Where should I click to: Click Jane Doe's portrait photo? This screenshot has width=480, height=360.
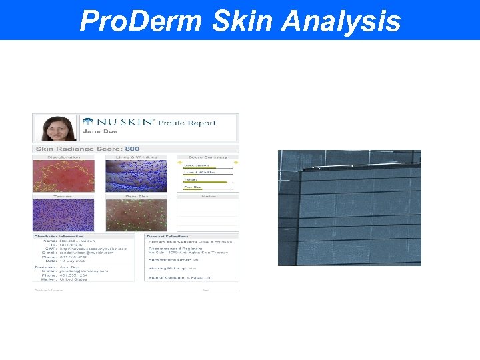(56, 128)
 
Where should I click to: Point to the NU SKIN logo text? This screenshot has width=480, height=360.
(125, 123)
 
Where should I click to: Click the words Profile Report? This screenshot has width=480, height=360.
(187, 123)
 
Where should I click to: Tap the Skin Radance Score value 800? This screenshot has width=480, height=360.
(133, 149)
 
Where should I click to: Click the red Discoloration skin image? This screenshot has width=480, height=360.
(63, 177)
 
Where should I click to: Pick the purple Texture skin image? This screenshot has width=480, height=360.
(63, 215)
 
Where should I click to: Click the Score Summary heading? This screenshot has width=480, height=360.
(207, 158)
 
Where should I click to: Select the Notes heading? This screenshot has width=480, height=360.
(207, 197)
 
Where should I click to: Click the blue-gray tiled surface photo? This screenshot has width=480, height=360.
(349, 208)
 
